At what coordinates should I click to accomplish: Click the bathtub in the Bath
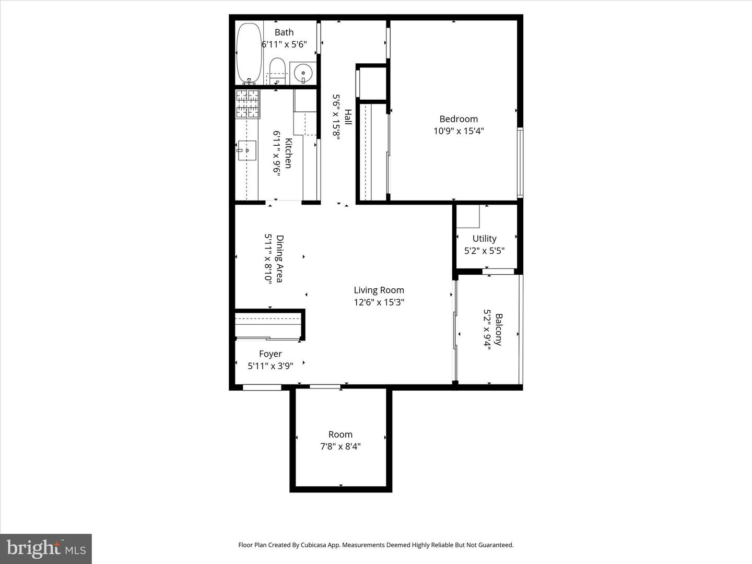click(249, 52)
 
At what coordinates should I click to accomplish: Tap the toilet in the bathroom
click(277, 70)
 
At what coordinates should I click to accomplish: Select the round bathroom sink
click(303, 73)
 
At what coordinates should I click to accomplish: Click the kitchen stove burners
click(248, 103)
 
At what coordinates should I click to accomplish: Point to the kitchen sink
click(246, 150)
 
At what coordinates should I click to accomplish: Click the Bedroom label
click(459, 119)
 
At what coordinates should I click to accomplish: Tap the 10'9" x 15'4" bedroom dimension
click(459, 131)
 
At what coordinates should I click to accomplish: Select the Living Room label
click(379, 290)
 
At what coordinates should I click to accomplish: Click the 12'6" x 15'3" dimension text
click(379, 302)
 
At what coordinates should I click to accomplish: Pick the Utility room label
click(484, 239)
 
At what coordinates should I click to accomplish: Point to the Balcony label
click(499, 330)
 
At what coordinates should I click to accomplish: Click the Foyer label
click(270, 354)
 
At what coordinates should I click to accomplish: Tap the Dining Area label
click(280, 258)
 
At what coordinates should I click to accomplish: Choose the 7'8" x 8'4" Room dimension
click(340, 446)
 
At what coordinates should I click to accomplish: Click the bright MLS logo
click(46, 548)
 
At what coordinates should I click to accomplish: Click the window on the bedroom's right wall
click(520, 162)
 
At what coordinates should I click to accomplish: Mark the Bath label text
click(284, 32)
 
